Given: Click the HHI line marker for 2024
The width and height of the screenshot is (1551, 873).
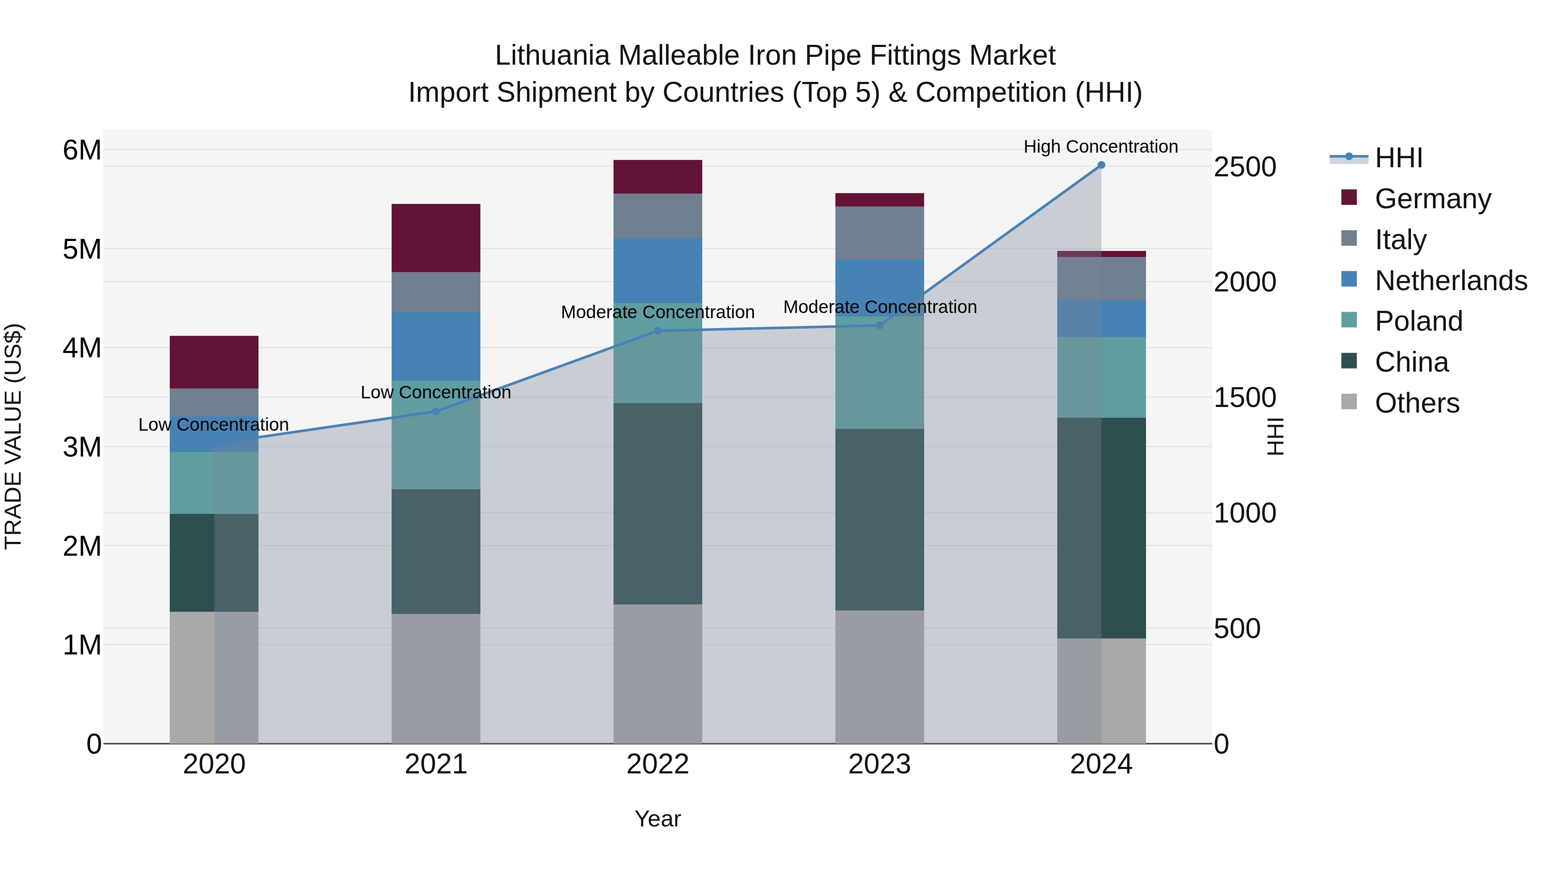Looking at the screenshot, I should pos(1101,165).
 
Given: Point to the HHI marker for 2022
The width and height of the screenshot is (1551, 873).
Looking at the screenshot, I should pos(657,331).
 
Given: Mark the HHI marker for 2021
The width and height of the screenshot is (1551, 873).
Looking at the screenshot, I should pos(436,412).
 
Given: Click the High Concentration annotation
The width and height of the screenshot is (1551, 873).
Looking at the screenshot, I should pos(1101,147).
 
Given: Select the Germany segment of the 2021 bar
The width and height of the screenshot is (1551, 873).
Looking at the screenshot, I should pos(436,238).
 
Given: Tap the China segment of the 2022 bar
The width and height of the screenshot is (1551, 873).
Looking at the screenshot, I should pos(657,503).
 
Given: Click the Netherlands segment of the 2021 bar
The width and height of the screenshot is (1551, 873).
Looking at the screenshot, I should pos(436,347).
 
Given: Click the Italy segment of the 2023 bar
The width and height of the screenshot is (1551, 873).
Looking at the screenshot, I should pos(879,233).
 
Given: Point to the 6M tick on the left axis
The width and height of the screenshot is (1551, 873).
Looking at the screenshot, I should pos(82,150).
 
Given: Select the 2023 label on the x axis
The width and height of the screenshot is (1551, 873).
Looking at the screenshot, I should pos(879,764).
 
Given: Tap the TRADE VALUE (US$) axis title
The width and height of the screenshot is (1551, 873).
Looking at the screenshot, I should pos(14,436).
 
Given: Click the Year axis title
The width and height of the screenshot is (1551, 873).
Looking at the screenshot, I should pos(657,819).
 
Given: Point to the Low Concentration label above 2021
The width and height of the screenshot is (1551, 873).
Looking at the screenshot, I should pos(436,393).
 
